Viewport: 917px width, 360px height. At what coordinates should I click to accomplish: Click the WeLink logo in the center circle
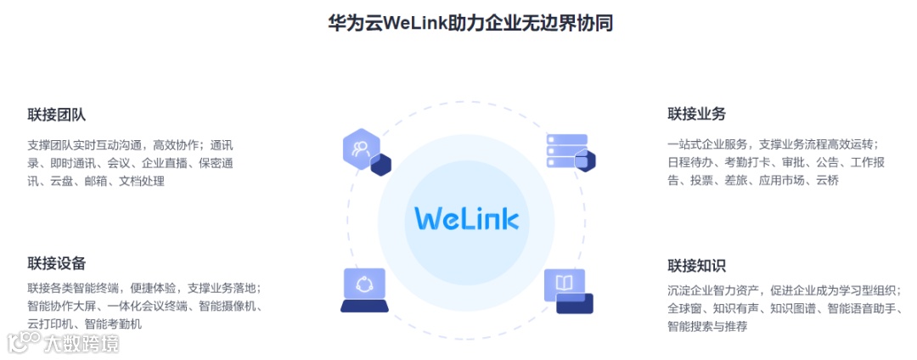click(x=466, y=217)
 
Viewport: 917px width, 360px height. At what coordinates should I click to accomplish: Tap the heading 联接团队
click(x=56, y=115)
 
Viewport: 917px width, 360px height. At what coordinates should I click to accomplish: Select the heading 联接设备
click(x=56, y=263)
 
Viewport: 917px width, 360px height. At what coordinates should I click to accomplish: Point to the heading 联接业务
click(x=696, y=114)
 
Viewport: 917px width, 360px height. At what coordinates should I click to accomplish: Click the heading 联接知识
click(x=696, y=266)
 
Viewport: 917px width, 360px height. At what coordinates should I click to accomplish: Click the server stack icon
click(x=565, y=151)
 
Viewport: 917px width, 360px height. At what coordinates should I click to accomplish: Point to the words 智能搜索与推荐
click(x=707, y=326)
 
